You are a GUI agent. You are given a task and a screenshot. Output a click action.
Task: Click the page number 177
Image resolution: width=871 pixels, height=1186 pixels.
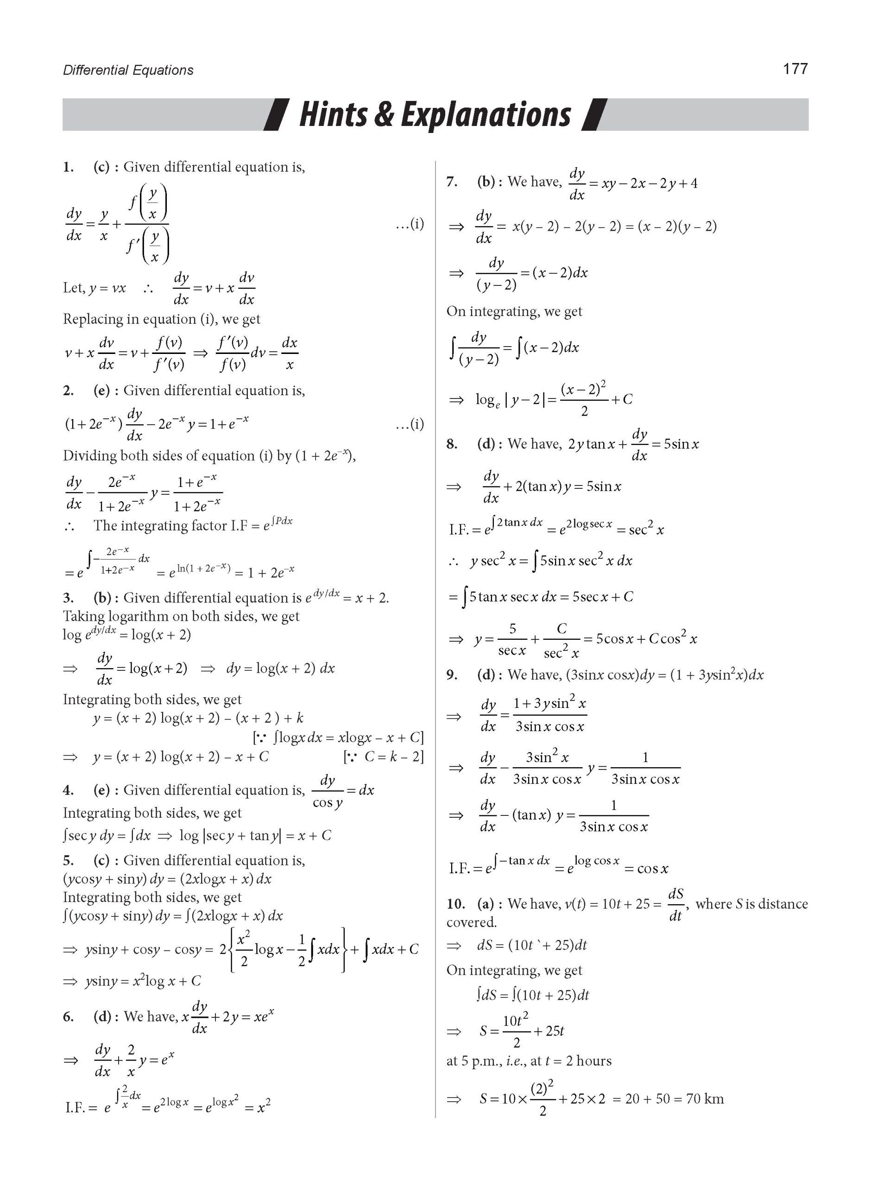(795, 69)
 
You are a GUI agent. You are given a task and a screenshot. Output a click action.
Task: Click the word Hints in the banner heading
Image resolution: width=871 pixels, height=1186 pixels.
(333, 114)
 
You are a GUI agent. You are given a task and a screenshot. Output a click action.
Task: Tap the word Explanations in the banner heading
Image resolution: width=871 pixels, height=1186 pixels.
(486, 114)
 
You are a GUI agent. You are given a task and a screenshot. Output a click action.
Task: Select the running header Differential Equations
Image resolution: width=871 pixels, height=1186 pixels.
(128, 70)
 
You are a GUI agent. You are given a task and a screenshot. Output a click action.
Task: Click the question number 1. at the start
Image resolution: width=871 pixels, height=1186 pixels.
(69, 168)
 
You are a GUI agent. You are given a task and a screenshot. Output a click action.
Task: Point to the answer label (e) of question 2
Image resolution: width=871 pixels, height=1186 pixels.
(102, 391)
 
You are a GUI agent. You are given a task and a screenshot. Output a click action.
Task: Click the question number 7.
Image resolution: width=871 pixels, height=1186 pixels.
(452, 182)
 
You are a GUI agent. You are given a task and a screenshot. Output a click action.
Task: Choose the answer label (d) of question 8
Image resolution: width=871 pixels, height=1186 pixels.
(486, 444)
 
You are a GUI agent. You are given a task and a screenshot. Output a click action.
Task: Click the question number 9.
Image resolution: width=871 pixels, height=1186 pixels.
(452, 675)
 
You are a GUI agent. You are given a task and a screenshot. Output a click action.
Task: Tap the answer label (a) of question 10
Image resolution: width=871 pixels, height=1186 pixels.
(486, 904)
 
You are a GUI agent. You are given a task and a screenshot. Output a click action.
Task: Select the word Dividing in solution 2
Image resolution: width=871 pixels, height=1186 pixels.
(89, 455)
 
